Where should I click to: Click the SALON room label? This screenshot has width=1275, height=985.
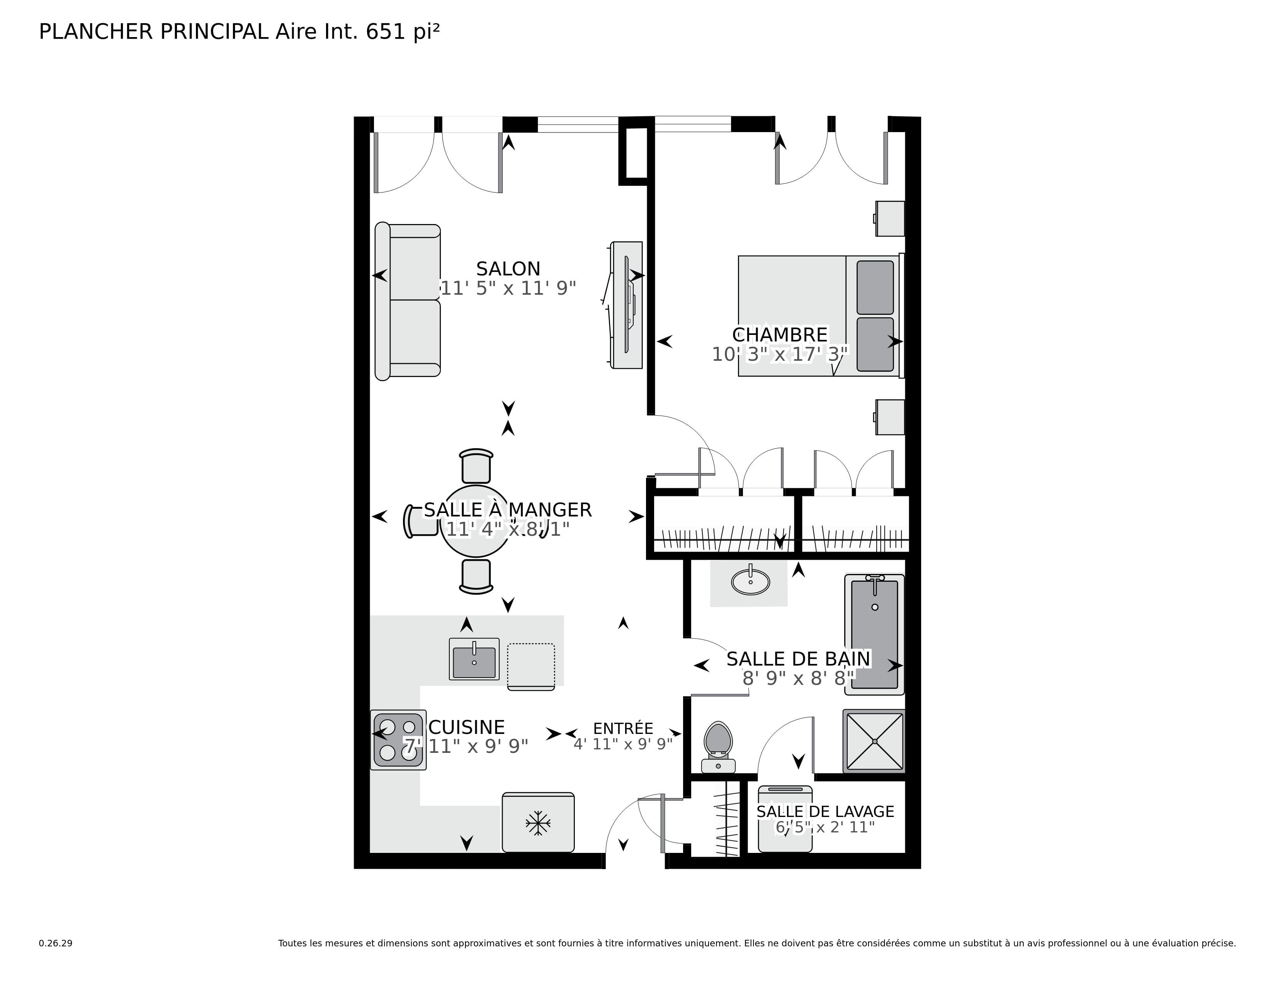tap(508, 269)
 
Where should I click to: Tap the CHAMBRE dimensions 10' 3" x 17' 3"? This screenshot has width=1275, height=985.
tap(779, 354)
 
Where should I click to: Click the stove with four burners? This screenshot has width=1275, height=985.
tap(398, 740)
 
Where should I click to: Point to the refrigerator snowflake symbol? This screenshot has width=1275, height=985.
tap(538, 824)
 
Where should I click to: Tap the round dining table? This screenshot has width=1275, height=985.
tap(476, 521)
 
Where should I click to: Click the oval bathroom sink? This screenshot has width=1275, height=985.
tap(750, 582)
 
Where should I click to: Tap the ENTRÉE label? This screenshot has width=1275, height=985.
tap(623, 728)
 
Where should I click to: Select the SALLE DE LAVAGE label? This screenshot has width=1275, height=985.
tap(824, 812)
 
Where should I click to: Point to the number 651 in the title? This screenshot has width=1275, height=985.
tap(385, 32)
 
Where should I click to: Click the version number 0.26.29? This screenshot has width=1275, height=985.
tap(56, 943)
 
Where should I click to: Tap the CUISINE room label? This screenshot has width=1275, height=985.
tap(466, 727)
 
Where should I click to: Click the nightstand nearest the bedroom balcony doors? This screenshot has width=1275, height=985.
tap(890, 218)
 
